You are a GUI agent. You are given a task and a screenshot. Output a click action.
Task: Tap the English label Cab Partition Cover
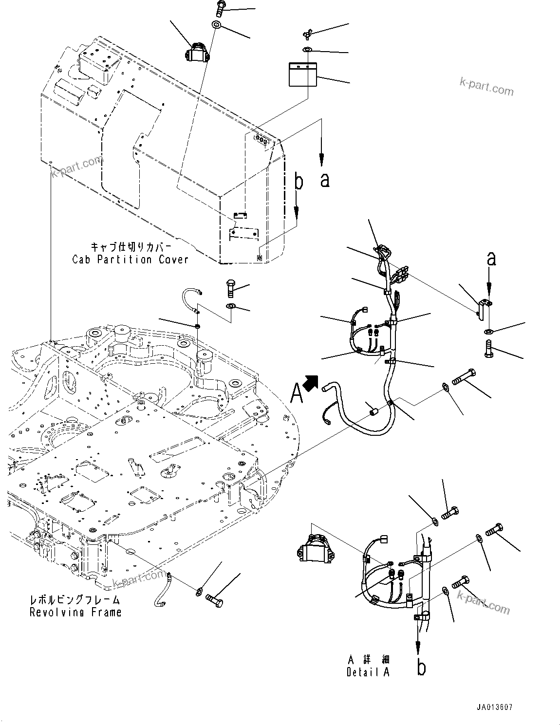130,260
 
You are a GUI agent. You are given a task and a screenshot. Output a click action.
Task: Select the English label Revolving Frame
75,612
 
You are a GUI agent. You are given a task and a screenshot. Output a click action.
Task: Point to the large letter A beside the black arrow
297,393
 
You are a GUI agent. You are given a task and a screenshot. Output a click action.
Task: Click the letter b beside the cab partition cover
299,182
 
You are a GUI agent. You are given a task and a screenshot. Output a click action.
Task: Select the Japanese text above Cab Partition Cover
131,247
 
